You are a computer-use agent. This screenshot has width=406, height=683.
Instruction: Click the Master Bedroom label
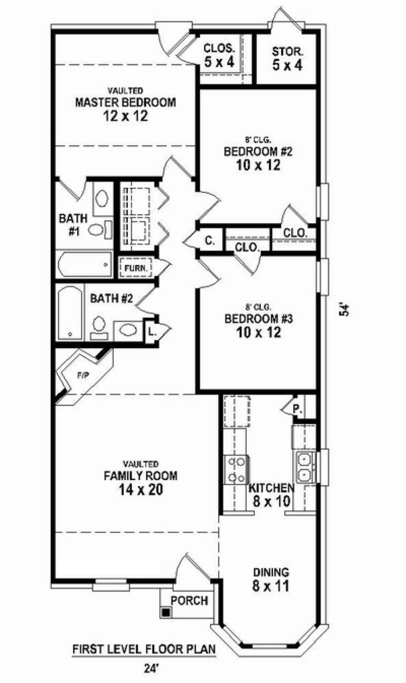click(125, 103)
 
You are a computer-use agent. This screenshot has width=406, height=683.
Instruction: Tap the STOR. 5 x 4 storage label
click(287, 57)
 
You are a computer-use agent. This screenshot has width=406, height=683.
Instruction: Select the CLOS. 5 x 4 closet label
click(219, 56)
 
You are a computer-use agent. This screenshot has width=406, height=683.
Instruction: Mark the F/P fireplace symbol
click(83, 375)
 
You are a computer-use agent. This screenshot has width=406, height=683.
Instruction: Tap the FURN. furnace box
click(135, 268)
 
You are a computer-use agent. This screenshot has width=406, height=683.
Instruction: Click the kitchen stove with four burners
click(236, 469)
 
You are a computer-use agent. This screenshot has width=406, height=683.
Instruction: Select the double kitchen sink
click(304, 466)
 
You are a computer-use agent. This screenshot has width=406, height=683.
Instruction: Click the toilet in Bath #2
click(99, 326)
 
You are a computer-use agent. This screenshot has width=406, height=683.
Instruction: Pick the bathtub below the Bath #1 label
click(83, 264)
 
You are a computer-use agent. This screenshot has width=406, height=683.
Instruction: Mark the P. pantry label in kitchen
click(297, 409)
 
